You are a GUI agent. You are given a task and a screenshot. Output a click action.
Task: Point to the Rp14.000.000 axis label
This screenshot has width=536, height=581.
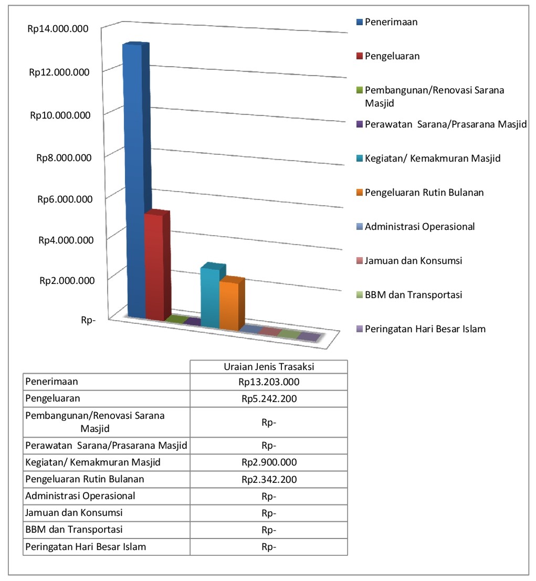click(58, 29)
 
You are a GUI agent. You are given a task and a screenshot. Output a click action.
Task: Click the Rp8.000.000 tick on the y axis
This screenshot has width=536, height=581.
click(61, 157)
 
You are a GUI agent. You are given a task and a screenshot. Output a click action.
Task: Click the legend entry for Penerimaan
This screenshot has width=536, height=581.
click(391, 22)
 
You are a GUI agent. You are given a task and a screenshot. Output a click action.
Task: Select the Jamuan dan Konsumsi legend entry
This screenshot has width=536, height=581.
click(413, 260)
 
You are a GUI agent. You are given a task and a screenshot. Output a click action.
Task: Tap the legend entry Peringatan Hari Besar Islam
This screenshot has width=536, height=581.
click(425, 329)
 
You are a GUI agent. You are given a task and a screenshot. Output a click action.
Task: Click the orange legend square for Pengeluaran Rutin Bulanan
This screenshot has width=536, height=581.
click(360, 193)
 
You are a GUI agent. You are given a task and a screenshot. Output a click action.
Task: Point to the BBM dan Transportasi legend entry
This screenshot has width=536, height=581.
click(413, 295)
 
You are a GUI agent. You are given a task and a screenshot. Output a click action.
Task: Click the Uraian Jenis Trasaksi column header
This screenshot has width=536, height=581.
click(269, 366)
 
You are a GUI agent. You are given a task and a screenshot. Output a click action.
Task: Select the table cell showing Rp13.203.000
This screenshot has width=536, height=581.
click(269, 382)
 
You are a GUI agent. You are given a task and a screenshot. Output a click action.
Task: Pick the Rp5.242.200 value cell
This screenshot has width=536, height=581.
click(269, 398)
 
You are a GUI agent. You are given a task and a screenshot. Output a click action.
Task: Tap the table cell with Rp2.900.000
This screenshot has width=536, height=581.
click(269, 462)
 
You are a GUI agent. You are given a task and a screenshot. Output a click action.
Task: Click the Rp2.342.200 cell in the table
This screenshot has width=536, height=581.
click(269, 479)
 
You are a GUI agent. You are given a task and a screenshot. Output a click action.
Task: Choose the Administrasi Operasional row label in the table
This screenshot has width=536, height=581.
click(80, 496)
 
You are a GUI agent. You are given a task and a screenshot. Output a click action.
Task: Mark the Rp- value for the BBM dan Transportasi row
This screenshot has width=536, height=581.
click(269, 530)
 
